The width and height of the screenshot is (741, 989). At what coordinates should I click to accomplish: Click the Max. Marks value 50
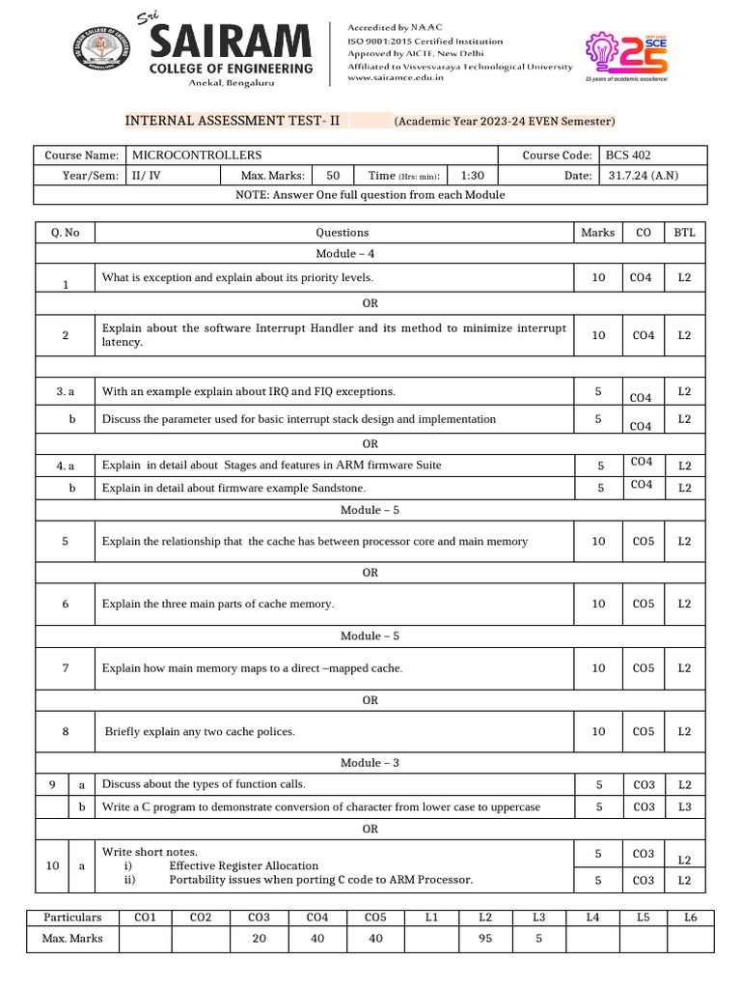pyautogui.click(x=333, y=176)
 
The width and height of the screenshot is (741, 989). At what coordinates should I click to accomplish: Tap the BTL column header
pyautogui.click(x=684, y=233)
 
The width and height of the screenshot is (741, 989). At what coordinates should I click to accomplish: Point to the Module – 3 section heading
pyautogui.click(x=370, y=763)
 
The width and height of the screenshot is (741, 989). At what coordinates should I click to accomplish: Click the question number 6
pyautogui.click(x=66, y=604)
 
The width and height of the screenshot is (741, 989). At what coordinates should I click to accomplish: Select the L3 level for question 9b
pyautogui.click(x=684, y=807)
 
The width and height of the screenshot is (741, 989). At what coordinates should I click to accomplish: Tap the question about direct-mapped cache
pyautogui.click(x=252, y=668)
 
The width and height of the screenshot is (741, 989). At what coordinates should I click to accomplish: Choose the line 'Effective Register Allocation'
pyautogui.click(x=243, y=866)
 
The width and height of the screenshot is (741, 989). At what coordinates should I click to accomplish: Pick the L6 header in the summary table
pyautogui.click(x=690, y=918)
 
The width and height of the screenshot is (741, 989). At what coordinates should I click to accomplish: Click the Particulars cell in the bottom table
pyautogui.click(x=72, y=918)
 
